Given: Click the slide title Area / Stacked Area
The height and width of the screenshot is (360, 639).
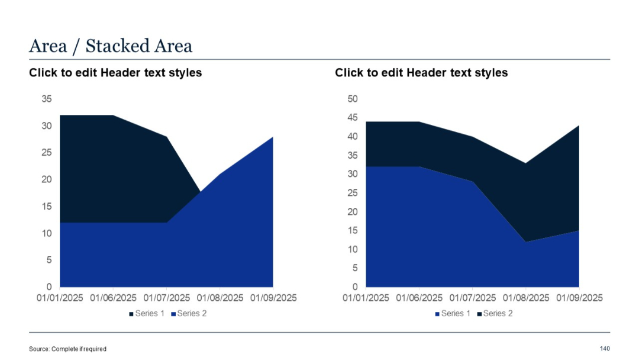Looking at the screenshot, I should click(111, 46).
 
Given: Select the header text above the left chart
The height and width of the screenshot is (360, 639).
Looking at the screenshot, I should click(115, 73).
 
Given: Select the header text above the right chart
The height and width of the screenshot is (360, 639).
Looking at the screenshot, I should click(421, 73).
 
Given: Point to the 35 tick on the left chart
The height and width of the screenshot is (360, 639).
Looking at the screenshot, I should click(46, 99).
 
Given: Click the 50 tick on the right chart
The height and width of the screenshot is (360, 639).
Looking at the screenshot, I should click(353, 99).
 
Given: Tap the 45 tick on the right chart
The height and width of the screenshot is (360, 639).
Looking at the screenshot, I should click(353, 118).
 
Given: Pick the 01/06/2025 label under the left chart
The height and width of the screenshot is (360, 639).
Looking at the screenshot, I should click(113, 298).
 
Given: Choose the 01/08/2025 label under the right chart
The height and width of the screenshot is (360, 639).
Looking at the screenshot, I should click(525, 298).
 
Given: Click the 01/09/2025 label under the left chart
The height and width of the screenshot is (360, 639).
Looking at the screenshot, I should click(273, 298).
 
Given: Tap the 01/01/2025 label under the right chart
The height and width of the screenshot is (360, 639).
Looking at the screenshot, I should click(366, 298).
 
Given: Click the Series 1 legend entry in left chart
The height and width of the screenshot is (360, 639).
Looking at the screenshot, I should click(147, 313).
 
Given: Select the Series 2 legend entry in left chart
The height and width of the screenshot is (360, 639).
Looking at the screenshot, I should click(189, 313).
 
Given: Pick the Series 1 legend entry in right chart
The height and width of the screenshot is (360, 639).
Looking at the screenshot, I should click(453, 313).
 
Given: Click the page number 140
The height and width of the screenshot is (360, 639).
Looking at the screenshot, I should click(604, 348).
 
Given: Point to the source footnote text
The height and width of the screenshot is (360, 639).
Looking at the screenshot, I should click(67, 349).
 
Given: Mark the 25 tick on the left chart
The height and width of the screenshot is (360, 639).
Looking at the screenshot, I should click(46, 153).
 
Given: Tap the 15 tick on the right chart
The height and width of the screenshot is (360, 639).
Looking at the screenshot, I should click(353, 231).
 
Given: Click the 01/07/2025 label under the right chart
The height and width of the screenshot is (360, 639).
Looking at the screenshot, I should click(472, 298).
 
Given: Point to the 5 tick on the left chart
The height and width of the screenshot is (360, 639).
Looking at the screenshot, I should click(49, 260).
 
